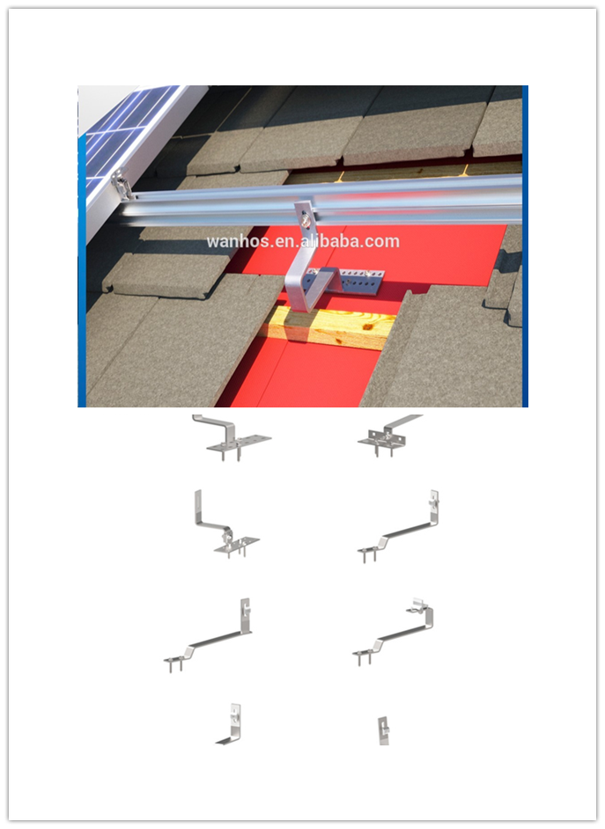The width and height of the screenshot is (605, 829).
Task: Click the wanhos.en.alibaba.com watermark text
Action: pos(303,241)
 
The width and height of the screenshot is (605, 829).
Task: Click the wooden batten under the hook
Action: pos(328,327)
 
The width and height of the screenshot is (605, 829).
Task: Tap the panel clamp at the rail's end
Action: pos(122,184)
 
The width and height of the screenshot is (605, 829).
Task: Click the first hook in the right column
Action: pos(388,435)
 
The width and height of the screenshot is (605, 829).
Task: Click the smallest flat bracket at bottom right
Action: pos(383,731)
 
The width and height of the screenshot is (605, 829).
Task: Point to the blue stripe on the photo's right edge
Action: pos(525,246)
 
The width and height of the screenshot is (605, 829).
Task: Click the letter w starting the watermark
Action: pos(212,242)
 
